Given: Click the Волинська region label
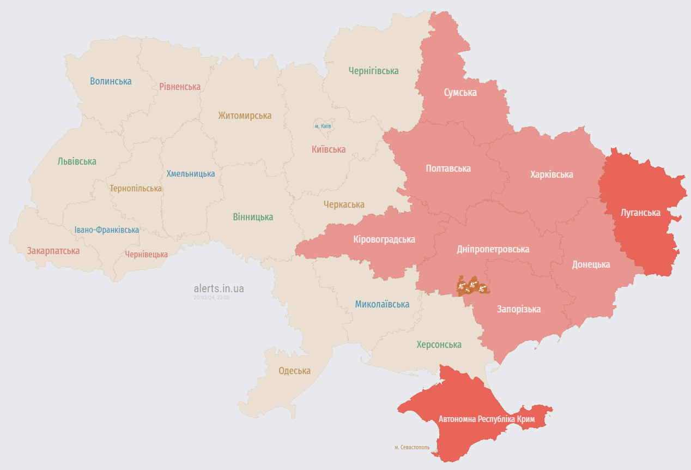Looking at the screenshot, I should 111,81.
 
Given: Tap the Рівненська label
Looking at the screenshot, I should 180,87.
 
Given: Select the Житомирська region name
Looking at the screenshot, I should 245,116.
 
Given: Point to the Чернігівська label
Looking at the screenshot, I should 373,71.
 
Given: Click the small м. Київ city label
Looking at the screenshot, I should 323,126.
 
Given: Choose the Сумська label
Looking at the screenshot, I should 460,92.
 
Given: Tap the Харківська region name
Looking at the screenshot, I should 551,174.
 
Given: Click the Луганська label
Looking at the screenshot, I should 640,213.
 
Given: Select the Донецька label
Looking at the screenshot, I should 591,264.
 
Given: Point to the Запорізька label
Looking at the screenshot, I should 518,309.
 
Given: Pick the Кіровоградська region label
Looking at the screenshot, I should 384,239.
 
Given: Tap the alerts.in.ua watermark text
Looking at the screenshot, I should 219,288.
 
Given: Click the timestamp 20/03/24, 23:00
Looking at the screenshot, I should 211,298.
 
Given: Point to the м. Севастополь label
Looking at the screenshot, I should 412,447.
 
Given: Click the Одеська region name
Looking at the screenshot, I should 294,371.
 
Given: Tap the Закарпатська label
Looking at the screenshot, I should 53,251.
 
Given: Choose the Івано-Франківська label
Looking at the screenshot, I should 107,230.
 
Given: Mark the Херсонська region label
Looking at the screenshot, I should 439,345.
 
